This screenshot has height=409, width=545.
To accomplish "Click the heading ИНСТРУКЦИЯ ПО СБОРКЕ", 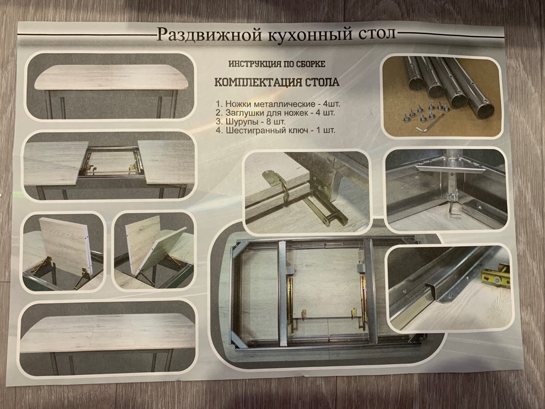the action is point(277,65).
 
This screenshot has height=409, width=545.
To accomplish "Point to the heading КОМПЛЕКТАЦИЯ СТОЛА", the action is point(277,82).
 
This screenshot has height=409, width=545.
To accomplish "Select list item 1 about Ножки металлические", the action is point(277,104).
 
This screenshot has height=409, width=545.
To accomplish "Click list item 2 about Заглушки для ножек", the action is point(275,113).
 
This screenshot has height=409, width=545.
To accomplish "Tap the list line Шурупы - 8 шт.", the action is point(251,122).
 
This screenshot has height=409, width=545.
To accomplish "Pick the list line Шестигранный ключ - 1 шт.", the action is point(275,130).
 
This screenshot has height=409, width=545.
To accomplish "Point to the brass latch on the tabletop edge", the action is point(276,183).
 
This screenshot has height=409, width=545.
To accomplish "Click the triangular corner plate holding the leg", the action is point(450,167).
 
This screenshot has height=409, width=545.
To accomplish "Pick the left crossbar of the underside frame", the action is point(282,293).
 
